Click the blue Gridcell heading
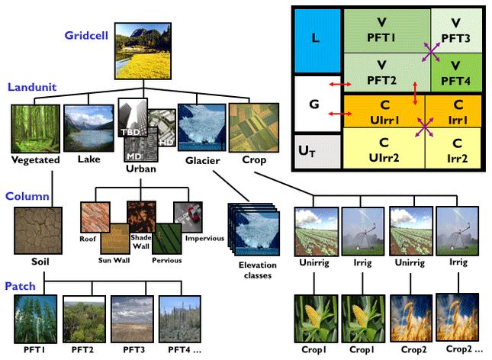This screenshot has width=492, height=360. click(86, 36)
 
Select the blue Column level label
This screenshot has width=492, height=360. click(28, 196)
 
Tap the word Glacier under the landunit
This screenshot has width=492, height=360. click(202, 161)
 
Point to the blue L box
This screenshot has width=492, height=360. click(317, 37)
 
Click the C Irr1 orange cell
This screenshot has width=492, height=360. click(455, 111)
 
